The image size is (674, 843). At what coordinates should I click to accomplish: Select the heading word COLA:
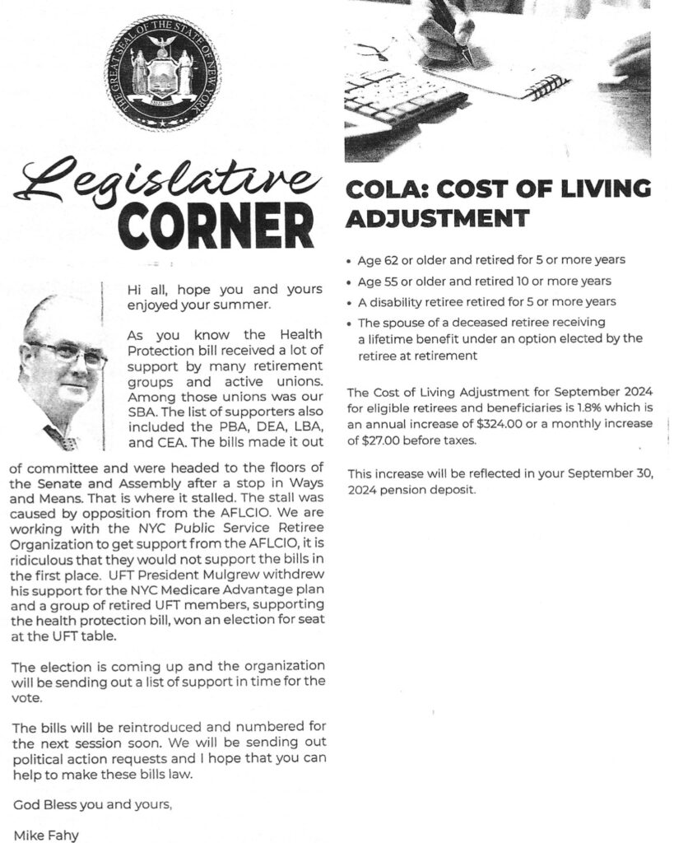pos(384,189)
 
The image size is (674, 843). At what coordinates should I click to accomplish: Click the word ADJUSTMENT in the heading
pos(436,219)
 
